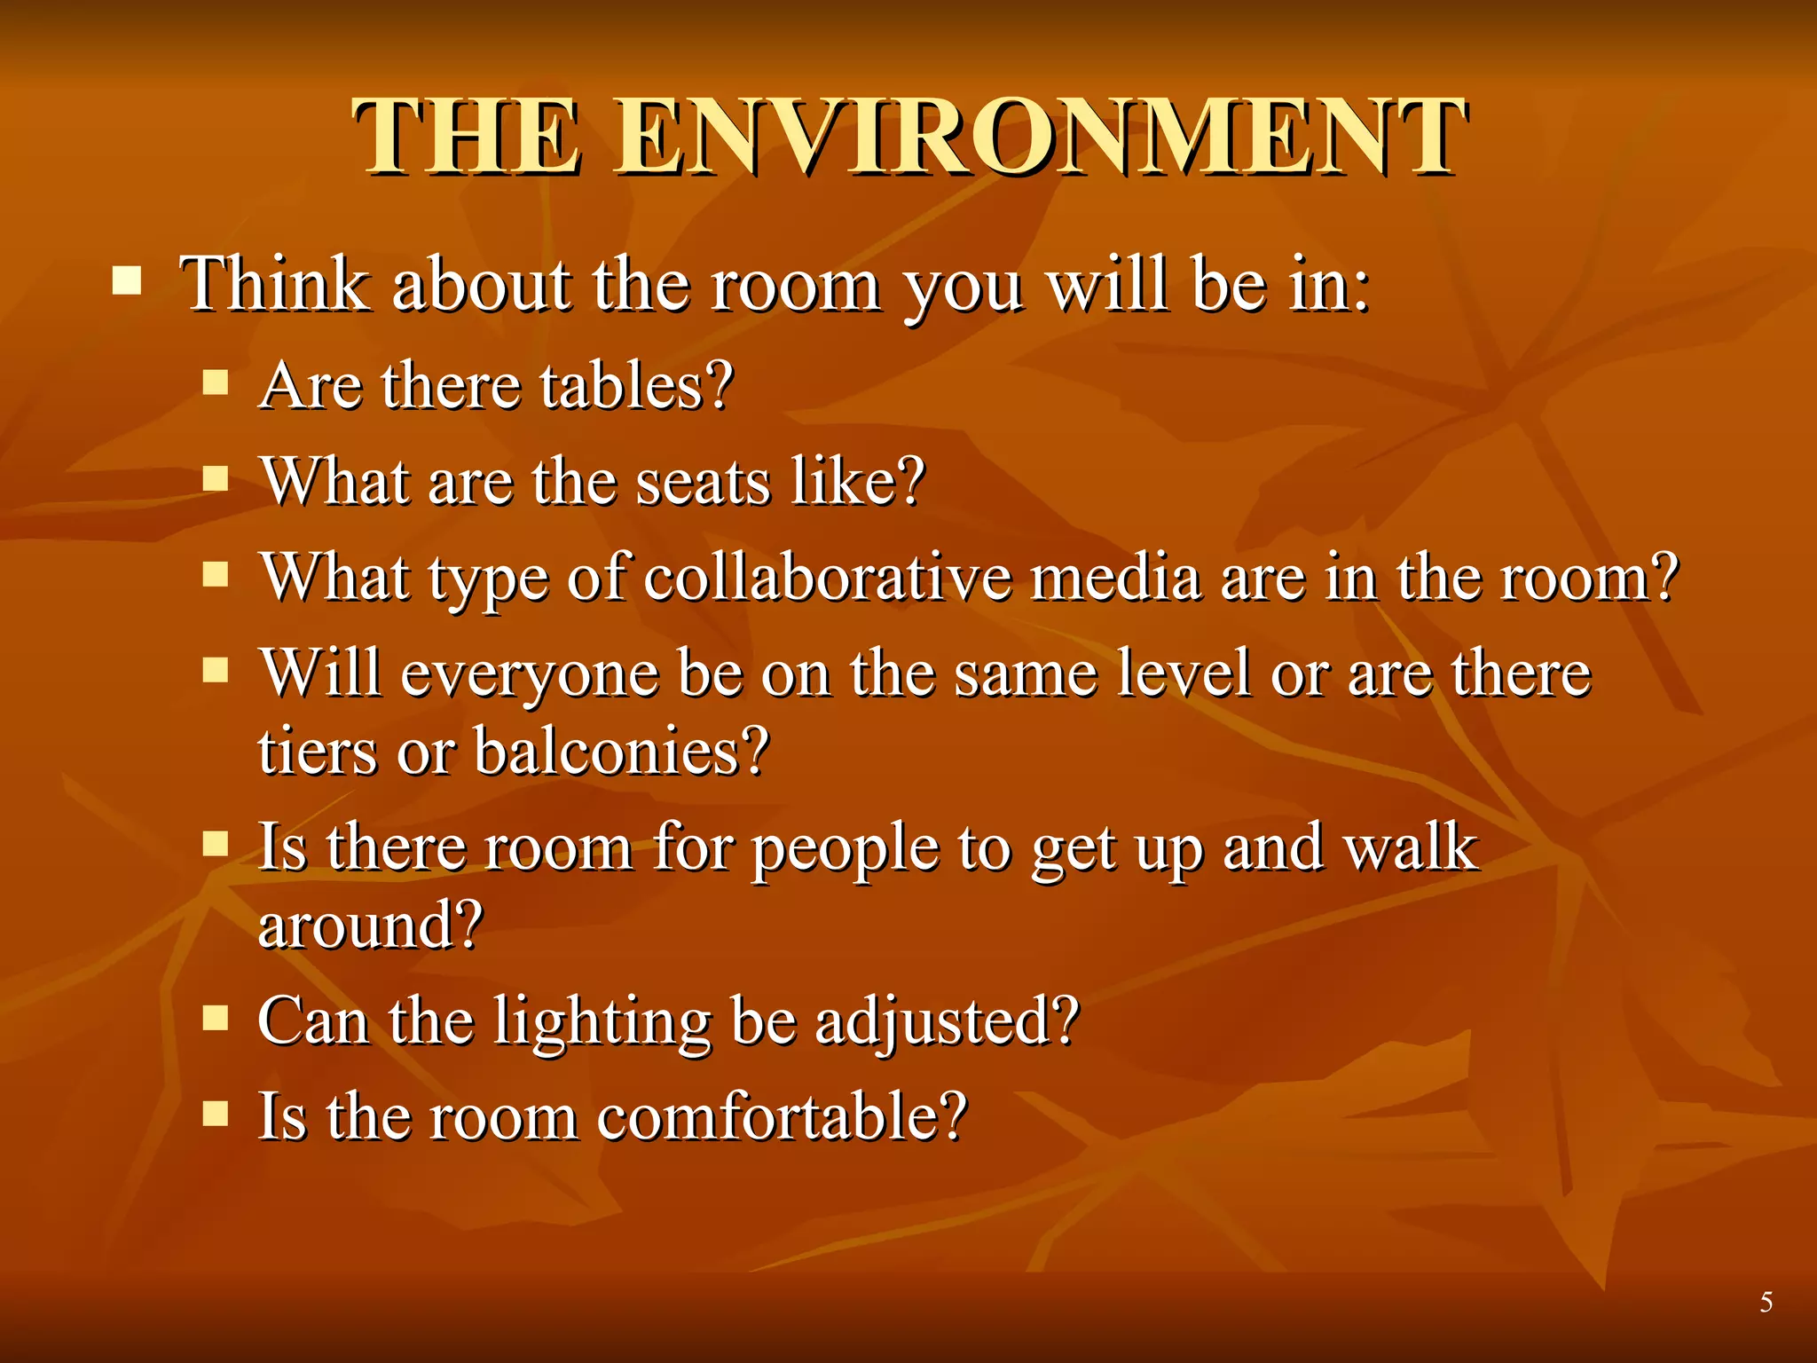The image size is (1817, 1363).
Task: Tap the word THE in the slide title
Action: [468, 138]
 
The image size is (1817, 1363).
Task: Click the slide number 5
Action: [1766, 1302]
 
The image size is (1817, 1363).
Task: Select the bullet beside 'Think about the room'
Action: [127, 282]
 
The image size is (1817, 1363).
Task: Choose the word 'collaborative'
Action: [827, 578]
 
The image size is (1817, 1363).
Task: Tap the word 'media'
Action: [1116, 578]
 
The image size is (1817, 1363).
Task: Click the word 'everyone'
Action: [530, 674]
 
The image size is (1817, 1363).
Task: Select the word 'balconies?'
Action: [621, 752]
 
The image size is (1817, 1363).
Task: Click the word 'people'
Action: [846, 849]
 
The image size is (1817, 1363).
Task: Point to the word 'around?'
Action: [370, 926]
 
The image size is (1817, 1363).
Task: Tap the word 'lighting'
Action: [602, 1022]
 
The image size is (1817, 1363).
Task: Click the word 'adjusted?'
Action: [947, 1022]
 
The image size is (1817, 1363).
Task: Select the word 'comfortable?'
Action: [782, 1117]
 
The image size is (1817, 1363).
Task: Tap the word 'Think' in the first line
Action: [275, 285]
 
